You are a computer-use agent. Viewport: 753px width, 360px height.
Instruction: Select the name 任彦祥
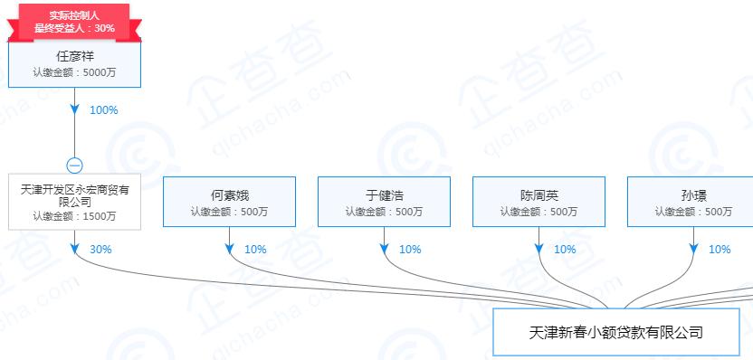pyautogui.click(x=75, y=56)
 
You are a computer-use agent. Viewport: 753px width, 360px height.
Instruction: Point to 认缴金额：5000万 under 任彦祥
pyautogui.click(x=75, y=72)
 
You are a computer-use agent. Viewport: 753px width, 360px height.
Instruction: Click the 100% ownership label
pyautogui.click(x=104, y=110)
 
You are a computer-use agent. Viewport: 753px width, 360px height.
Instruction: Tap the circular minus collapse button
pyautogui.click(x=75, y=166)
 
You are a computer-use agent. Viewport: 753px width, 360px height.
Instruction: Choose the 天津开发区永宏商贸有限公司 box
pyautogui.click(x=75, y=202)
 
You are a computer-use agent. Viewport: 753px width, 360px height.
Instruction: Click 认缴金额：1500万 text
pyautogui.click(x=75, y=216)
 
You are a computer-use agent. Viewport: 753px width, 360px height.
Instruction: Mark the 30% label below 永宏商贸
pyautogui.click(x=100, y=250)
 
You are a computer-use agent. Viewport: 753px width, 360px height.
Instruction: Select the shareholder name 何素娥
pyautogui.click(x=230, y=194)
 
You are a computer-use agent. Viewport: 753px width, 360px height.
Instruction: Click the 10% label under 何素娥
pyautogui.click(x=255, y=250)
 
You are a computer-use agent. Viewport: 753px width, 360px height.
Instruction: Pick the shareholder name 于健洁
pyautogui.click(x=384, y=194)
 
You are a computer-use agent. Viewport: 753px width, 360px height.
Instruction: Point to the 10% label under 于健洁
pyautogui.click(x=410, y=250)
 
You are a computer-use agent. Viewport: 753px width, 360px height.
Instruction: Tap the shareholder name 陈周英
pyautogui.click(x=539, y=194)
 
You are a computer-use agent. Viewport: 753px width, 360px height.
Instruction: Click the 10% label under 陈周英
pyautogui.click(x=565, y=250)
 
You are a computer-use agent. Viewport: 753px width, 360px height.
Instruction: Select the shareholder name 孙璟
pyautogui.click(x=693, y=194)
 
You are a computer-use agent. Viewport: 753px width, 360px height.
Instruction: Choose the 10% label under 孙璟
pyautogui.click(x=720, y=250)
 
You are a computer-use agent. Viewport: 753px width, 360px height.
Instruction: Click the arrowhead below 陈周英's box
pyautogui.click(x=539, y=248)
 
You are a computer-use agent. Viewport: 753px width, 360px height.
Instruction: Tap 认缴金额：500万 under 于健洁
pyautogui.click(x=384, y=212)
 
